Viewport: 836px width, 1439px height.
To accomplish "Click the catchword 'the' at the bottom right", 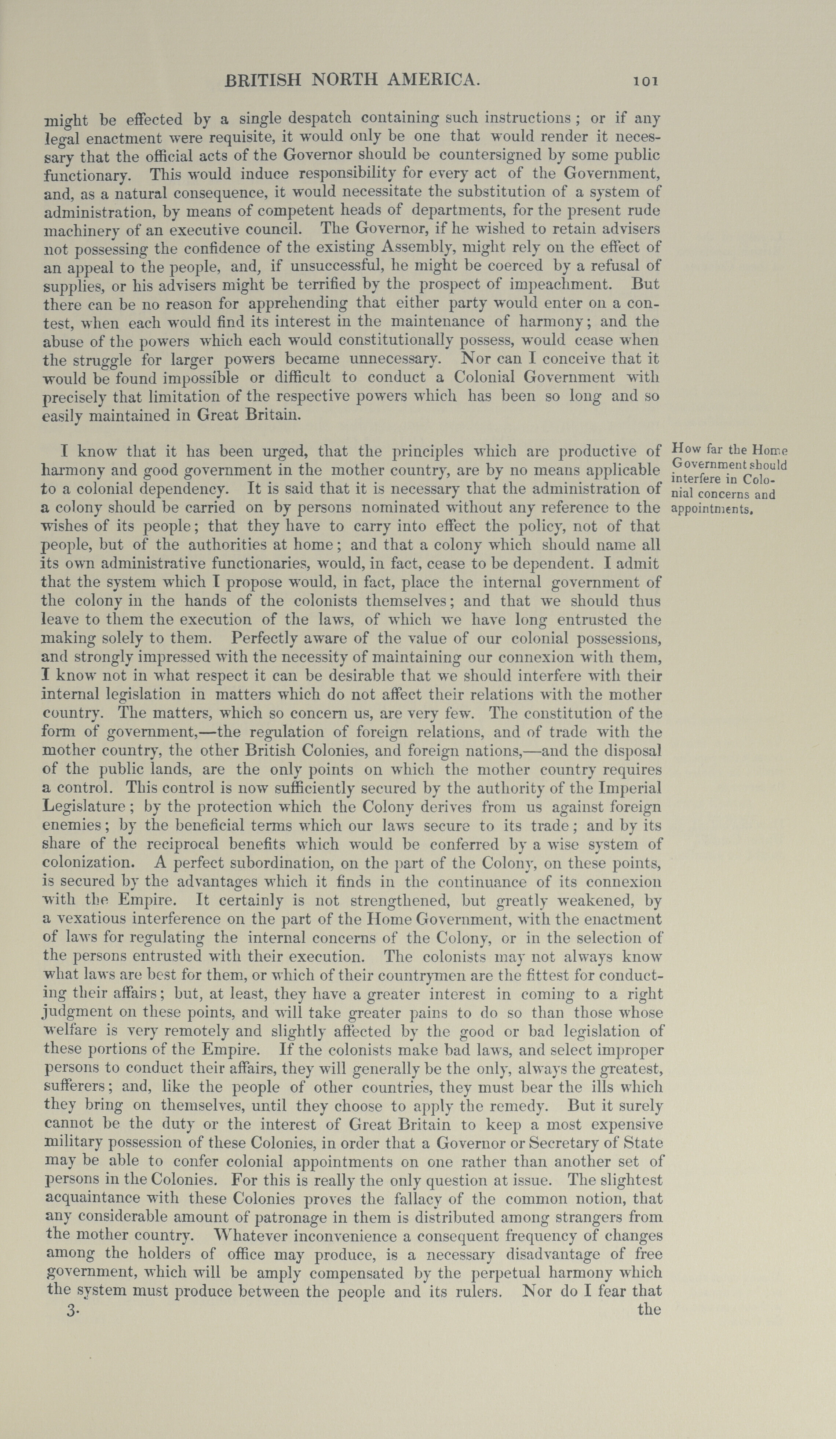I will pos(649,1292).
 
